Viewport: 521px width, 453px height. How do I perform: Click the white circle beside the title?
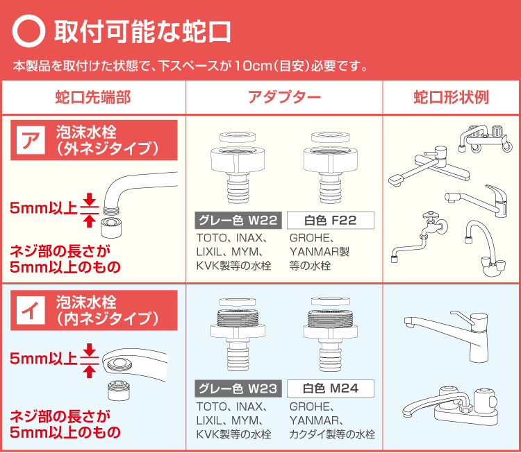pyautogui.click(x=29, y=32)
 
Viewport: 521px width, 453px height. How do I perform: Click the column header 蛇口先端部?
pyautogui.click(x=93, y=97)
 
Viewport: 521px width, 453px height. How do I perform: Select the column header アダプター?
pyautogui.click(x=284, y=97)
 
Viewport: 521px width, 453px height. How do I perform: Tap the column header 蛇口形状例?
pyautogui.click(x=451, y=97)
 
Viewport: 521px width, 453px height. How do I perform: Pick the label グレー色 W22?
pyautogui.click(x=238, y=221)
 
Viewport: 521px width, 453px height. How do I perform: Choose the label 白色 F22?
pyautogui.click(x=331, y=221)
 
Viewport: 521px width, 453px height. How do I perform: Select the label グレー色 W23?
pyautogui.click(x=238, y=388)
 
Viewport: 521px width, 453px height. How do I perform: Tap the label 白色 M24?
pyautogui.click(x=331, y=388)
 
